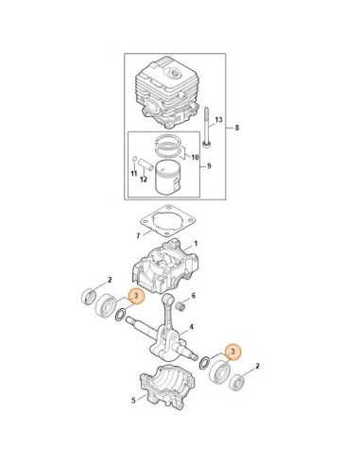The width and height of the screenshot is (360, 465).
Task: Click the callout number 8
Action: [238, 128]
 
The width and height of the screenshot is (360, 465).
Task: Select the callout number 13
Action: [217, 121]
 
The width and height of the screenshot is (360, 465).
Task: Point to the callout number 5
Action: [133, 401]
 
